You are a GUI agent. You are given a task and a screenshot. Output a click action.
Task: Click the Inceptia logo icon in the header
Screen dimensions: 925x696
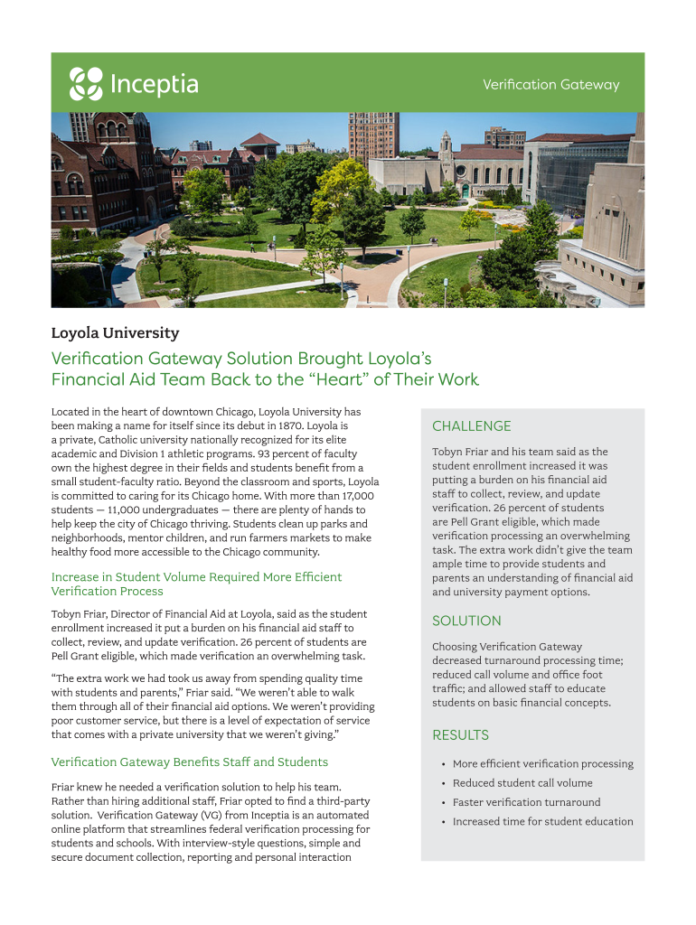pyautogui.click(x=86, y=84)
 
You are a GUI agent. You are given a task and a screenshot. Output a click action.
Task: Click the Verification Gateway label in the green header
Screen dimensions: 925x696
pyautogui.click(x=550, y=85)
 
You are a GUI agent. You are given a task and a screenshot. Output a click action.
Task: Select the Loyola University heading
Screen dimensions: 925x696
pyautogui.click(x=115, y=333)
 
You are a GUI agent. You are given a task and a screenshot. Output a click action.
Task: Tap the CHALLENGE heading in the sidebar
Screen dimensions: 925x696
pyautogui.click(x=471, y=426)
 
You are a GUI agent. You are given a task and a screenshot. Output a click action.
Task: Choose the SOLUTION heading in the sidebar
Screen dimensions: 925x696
pyautogui.click(x=466, y=621)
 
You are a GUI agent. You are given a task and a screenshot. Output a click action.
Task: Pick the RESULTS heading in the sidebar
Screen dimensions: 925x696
pyautogui.click(x=460, y=735)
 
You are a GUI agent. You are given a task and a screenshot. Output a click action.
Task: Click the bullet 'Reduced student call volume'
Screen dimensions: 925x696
pyautogui.click(x=522, y=783)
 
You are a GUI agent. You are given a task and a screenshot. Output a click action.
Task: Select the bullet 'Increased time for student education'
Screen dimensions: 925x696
pyautogui.click(x=542, y=821)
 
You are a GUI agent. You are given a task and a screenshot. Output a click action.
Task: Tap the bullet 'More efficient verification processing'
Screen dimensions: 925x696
pyautogui.click(x=542, y=764)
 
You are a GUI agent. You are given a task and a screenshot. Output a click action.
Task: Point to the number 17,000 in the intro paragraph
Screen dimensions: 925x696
pyautogui.click(x=357, y=496)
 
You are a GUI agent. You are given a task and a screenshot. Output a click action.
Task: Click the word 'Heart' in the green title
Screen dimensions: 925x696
pyautogui.click(x=334, y=379)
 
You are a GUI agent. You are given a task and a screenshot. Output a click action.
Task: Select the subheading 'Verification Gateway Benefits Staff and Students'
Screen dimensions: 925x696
pyautogui.click(x=190, y=762)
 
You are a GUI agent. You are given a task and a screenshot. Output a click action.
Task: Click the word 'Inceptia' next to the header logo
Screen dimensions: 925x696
pyautogui.click(x=154, y=85)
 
